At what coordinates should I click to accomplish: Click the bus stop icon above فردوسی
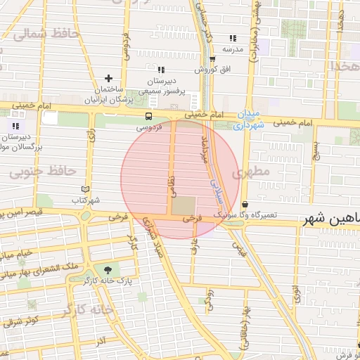click(x=148, y=117)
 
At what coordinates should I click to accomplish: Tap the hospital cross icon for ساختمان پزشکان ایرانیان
click(x=108, y=78)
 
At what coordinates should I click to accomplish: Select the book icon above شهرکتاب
click(x=86, y=188)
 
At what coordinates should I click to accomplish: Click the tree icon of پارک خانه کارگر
click(x=107, y=269)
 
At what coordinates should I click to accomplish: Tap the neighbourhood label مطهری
click(x=254, y=172)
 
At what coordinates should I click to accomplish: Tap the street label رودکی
click(x=209, y=298)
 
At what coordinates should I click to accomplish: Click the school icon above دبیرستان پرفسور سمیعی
click(x=161, y=70)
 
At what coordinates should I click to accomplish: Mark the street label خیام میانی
click(x=17, y=252)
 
